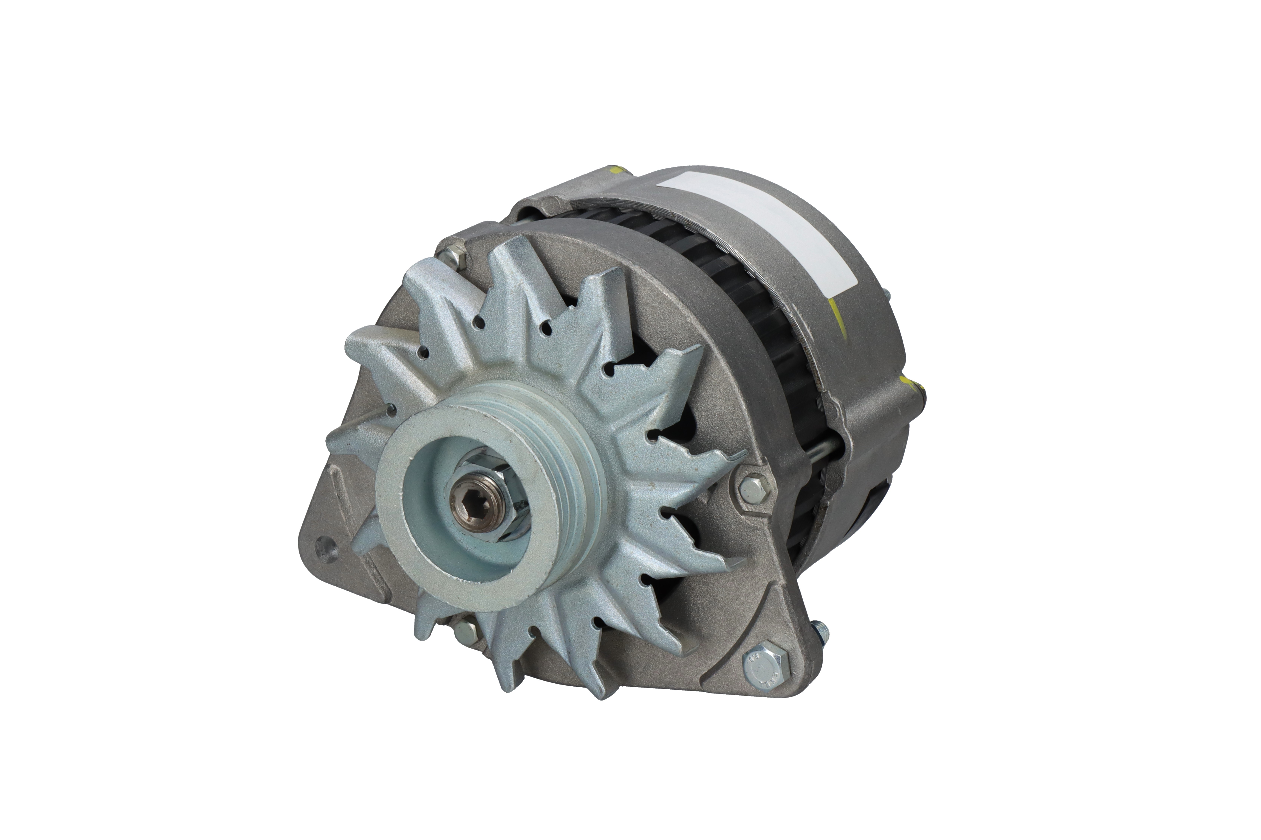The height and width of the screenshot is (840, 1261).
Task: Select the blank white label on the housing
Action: (761, 225)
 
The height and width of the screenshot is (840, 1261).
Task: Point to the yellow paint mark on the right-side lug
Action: (910, 383)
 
